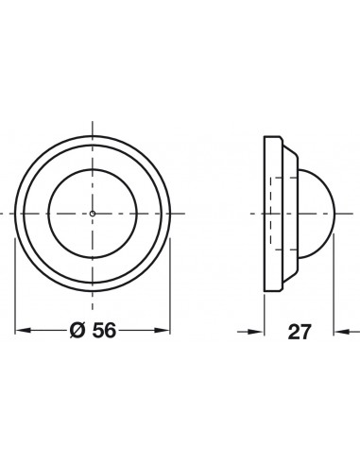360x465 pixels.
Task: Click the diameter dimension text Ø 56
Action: click(x=93, y=331)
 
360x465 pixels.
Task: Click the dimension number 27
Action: click(x=300, y=332)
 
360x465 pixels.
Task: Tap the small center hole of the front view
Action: click(x=93, y=214)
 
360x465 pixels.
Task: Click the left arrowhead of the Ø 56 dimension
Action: click(x=23, y=331)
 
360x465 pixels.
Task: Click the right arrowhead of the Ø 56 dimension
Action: click(x=163, y=331)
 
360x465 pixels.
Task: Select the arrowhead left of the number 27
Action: click(x=255, y=332)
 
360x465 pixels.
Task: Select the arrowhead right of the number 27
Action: click(x=342, y=332)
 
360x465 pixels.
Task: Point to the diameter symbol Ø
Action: click(x=77, y=331)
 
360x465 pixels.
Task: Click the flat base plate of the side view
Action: click(x=273, y=214)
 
